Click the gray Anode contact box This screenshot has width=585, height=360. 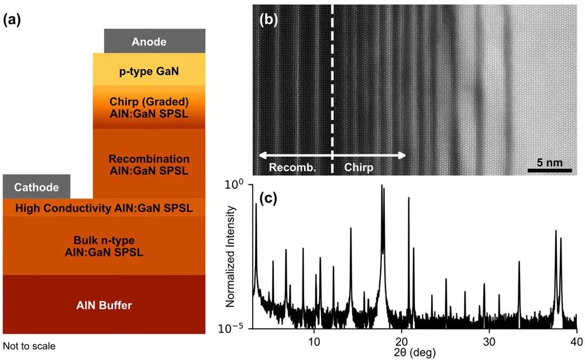[149, 41]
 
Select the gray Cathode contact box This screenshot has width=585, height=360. [37, 187]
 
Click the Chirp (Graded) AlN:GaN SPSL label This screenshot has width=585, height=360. [149, 107]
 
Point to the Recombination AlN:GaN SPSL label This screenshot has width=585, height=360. [149, 164]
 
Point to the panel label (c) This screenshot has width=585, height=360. [268, 197]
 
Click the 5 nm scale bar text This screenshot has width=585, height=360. [549, 160]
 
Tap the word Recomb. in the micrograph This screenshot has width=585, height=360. [292, 168]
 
